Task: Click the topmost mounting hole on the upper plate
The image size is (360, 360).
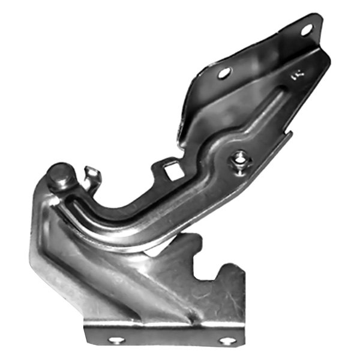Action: [x=306, y=28]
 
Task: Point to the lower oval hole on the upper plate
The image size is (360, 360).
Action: [x=224, y=73]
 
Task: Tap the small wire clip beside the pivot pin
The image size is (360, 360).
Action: [x=92, y=176]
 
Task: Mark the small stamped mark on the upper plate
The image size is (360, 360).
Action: [x=295, y=76]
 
